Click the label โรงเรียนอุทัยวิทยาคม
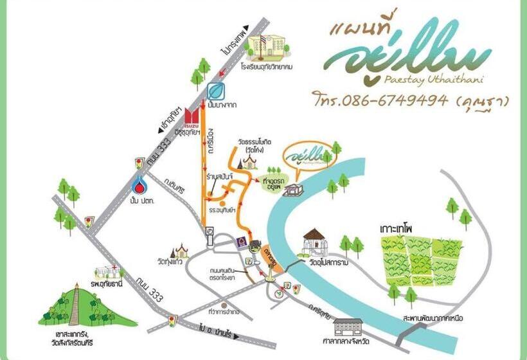pyautogui.click(x=269, y=66)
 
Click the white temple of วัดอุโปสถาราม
pyautogui.click(x=316, y=243)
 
